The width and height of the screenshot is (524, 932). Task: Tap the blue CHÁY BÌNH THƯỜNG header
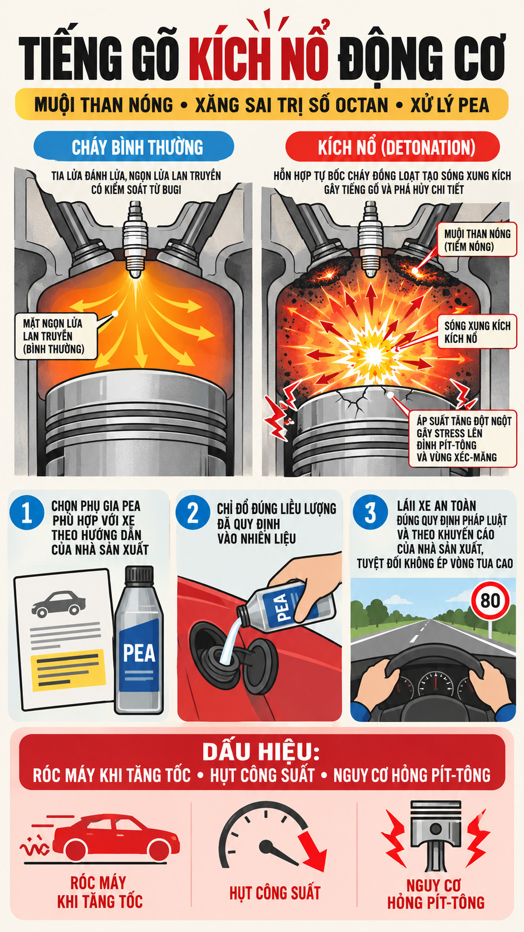(134, 147)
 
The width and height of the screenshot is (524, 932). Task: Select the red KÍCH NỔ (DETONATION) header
(393, 147)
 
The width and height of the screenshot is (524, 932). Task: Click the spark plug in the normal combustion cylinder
(135, 238)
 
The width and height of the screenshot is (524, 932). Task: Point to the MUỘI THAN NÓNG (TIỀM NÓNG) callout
(477, 240)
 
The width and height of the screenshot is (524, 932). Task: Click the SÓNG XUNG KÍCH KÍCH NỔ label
(477, 332)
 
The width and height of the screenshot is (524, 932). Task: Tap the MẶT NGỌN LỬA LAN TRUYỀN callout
(56, 336)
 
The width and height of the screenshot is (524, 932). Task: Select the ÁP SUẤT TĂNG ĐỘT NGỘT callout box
(463, 439)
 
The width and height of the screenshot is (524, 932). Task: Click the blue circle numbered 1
(27, 513)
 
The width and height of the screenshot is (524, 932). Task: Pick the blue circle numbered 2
(193, 513)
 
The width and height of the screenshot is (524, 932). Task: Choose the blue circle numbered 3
(370, 512)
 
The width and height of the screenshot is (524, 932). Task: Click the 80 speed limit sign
(491, 600)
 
